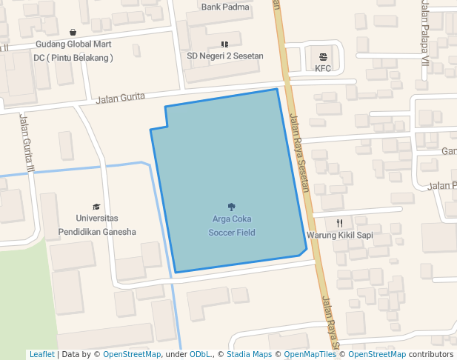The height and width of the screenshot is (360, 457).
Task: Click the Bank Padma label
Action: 225,7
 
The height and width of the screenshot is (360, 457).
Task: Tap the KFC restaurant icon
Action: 323,56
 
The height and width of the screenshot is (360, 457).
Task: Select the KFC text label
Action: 323,68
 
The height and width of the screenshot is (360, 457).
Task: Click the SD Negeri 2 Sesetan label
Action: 225,56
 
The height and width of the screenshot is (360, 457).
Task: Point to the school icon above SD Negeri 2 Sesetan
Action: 225,44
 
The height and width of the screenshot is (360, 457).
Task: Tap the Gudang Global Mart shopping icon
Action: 73,32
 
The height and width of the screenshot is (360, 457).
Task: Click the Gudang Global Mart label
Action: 73,44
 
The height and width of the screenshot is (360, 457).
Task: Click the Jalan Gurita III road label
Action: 28,144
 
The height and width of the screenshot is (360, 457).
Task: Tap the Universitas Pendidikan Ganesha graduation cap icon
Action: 96,207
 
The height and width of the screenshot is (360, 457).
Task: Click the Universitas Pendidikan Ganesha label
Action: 97,224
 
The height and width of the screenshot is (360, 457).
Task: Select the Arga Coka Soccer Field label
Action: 232,225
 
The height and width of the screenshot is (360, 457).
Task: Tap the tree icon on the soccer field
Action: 232,207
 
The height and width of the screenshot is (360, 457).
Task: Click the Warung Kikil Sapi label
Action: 339,236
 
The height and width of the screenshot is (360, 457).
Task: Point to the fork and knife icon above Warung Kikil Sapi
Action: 339,223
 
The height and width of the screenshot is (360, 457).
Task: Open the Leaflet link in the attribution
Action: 41,354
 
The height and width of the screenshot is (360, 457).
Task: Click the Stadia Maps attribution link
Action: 249,354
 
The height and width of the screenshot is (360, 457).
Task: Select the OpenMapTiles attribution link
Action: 310,354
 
